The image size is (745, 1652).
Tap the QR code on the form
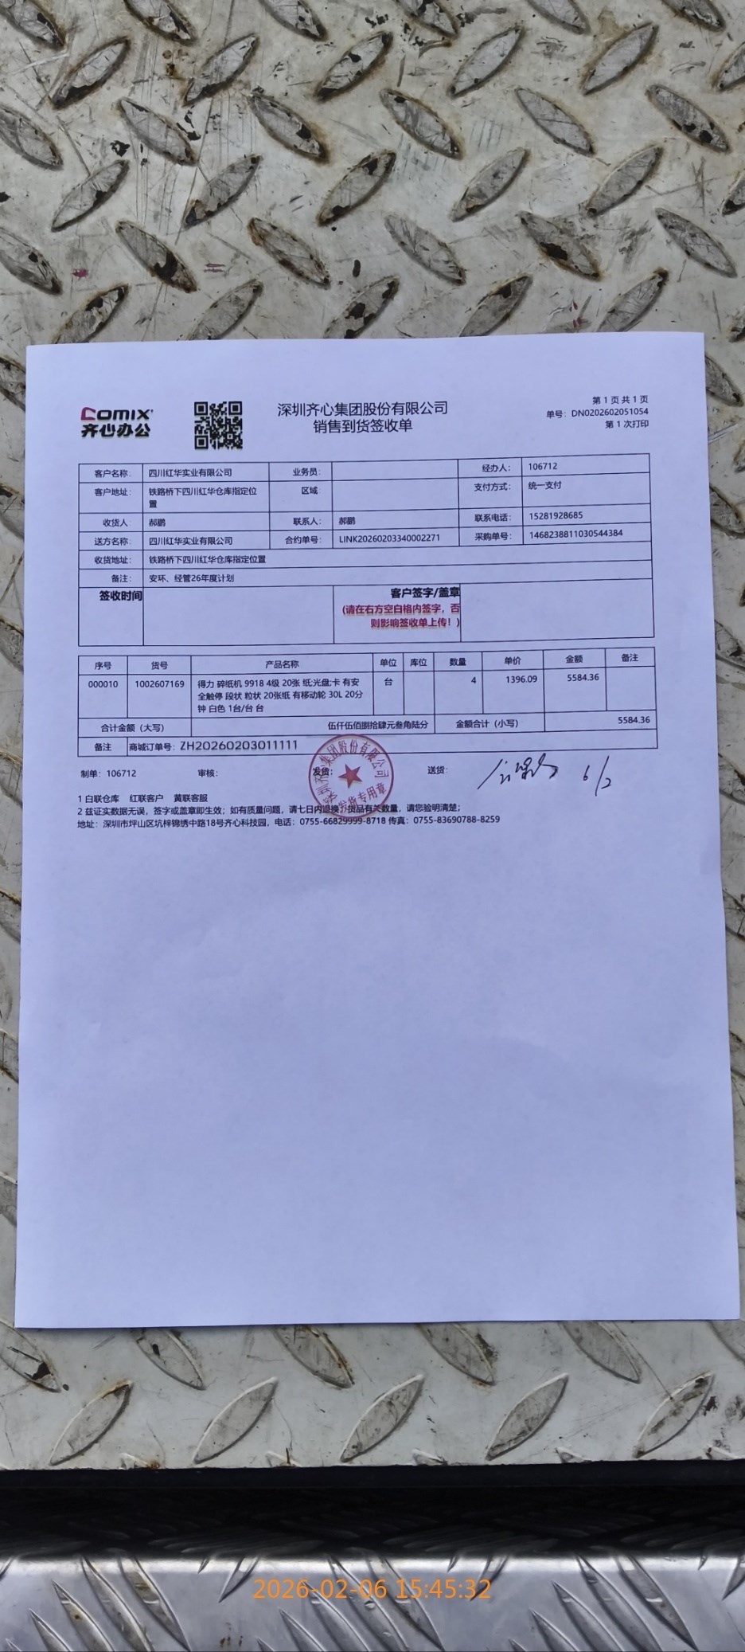[218, 425]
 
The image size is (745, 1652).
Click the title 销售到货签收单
[362, 426]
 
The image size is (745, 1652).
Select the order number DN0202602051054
[609, 413]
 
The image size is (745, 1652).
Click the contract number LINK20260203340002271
[389, 538]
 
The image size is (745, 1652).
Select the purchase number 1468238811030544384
[575, 534]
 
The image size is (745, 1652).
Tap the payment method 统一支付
[545, 485]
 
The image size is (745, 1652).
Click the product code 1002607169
[159, 683]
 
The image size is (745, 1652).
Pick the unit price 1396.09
[521, 679]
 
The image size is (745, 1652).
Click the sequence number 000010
[103, 684]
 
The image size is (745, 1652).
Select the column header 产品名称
[282, 664]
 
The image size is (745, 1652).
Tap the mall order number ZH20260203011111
[239, 746]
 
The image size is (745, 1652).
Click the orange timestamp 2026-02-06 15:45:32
[372, 1589]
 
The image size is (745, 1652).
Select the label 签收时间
[120, 596]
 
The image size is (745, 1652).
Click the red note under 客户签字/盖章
[401, 615]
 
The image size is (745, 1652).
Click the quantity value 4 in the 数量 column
[473, 681]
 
